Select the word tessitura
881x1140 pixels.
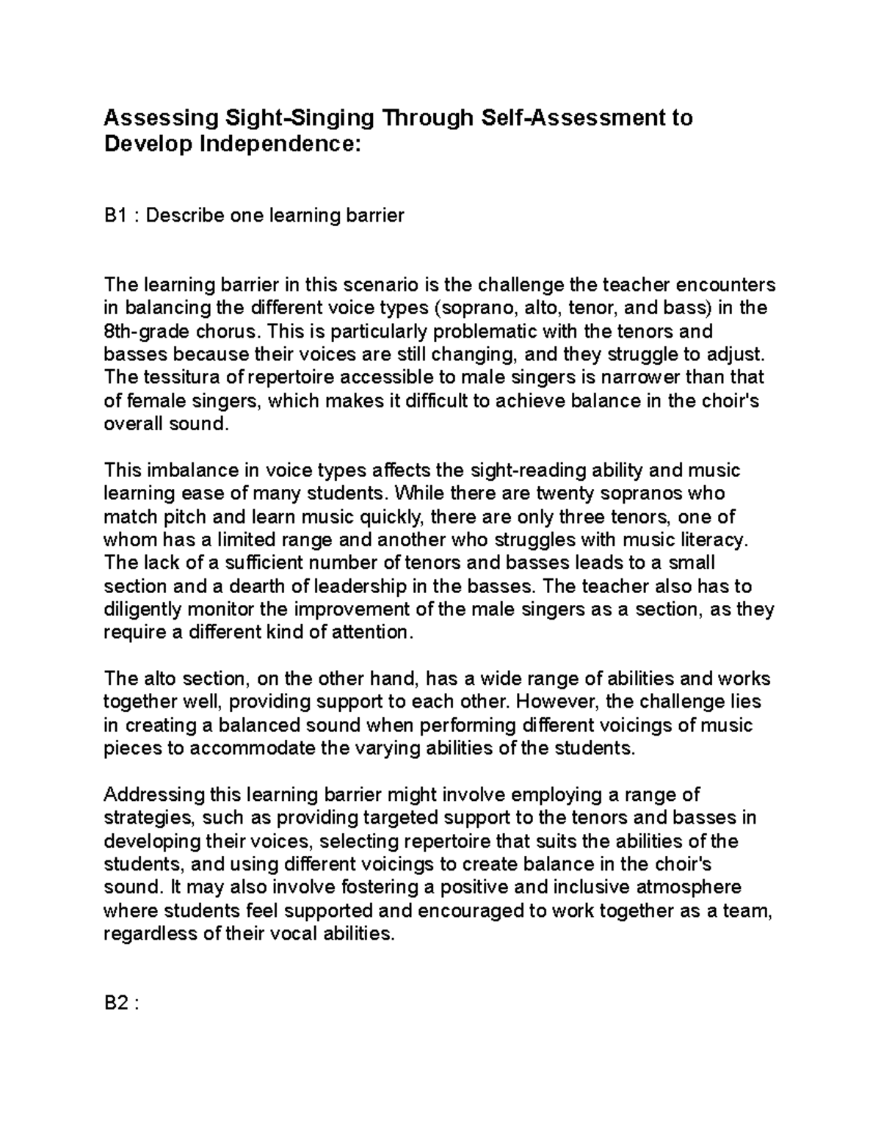tap(178, 377)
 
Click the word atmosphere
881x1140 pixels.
tap(689, 887)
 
